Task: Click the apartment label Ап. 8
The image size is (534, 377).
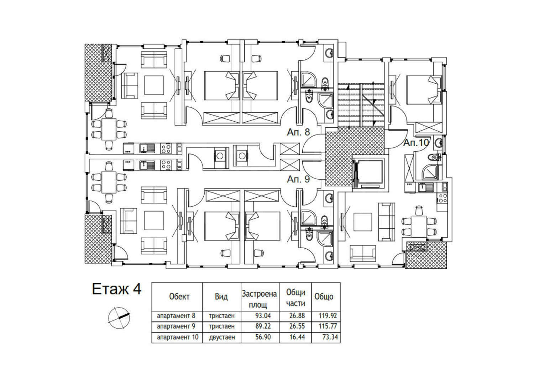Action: (298, 132)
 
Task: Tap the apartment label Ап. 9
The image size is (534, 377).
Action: (298, 179)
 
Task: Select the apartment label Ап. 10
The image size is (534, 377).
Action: (416, 143)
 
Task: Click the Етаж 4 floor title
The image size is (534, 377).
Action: (116, 289)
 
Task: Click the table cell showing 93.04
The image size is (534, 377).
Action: (263, 316)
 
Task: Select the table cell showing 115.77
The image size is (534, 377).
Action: (328, 326)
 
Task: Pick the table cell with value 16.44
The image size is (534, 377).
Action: (297, 337)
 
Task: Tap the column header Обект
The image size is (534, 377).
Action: (179, 297)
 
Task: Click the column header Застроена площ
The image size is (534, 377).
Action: (260, 299)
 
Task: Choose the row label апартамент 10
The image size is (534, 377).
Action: (178, 337)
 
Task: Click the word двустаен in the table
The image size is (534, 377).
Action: (222, 338)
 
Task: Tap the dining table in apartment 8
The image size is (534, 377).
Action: (109, 129)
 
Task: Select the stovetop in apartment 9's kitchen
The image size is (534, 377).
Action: (166, 165)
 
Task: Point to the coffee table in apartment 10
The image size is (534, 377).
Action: (363, 222)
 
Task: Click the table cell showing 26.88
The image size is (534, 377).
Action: (297, 316)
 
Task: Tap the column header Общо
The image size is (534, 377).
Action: (324, 297)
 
